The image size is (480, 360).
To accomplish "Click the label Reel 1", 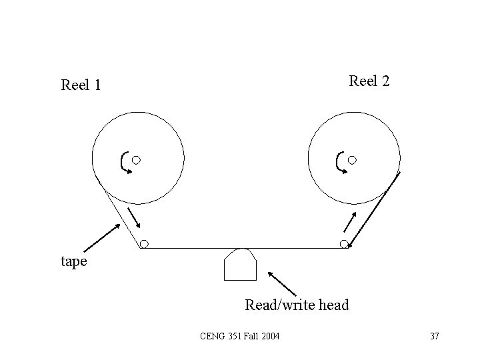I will pos(81,85).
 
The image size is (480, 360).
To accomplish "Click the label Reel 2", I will pos(369,81).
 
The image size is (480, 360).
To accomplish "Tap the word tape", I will pos(73,261).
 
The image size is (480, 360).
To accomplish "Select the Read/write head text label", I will pos(297,305).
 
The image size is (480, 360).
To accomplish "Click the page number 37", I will pos(435,335).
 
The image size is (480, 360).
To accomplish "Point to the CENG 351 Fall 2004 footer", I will pos(240,335).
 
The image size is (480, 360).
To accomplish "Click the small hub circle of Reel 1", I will pos(136,160).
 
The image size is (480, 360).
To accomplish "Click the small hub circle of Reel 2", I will pos(352,160).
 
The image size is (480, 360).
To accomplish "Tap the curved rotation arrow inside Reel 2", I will pos(341,163).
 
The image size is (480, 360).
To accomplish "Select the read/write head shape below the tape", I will pos(241,265).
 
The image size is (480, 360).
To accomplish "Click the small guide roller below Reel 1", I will pos(144,244).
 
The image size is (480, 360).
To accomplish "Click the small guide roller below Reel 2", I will pos(344,244).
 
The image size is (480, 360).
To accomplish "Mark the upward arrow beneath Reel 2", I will pos(350,222).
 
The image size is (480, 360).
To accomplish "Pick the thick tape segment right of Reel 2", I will pos(373,209).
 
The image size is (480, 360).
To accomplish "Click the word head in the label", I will pos(334,305).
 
